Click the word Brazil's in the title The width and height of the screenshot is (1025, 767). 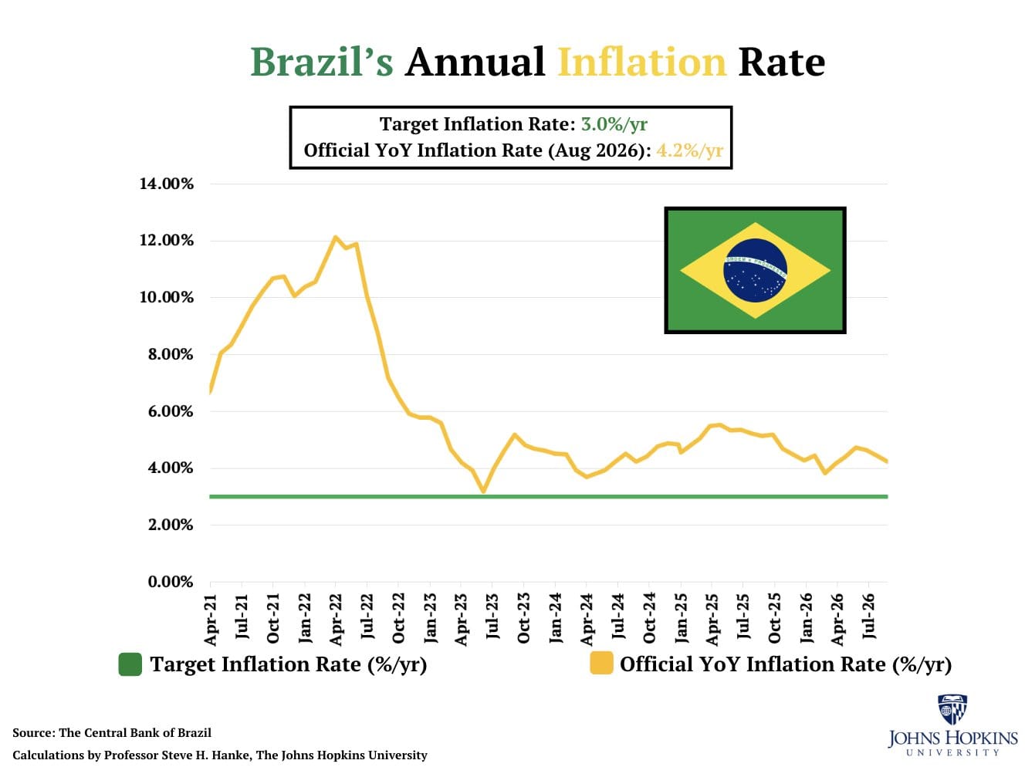[321, 62]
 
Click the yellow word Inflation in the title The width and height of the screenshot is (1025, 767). [642, 62]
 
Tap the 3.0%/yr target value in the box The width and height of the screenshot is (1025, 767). [614, 124]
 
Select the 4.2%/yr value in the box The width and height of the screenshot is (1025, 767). [689, 150]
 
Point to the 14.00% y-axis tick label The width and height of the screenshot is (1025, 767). [166, 184]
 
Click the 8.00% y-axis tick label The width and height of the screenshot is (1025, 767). [171, 354]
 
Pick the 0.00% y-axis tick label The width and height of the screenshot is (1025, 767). [171, 582]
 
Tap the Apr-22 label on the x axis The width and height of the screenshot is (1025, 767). [336, 619]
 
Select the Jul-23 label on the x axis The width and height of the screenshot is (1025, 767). [492, 617]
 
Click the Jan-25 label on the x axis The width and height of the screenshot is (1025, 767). [681, 617]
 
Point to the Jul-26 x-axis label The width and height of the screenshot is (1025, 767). [869, 617]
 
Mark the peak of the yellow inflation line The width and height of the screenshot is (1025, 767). [335, 238]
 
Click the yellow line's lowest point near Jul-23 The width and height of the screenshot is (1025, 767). [483, 491]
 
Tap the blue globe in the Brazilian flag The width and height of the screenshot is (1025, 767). [755, 270]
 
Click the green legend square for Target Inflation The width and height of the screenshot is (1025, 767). [130, 664]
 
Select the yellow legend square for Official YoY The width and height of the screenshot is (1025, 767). [601, 664]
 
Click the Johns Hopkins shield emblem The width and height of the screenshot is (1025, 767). [952, 709]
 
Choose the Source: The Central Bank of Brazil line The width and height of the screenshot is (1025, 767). [112, 732]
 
